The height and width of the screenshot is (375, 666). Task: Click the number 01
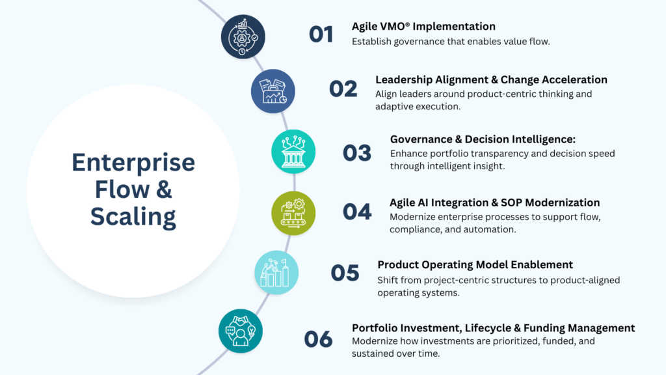321,34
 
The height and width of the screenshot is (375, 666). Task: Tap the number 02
343,89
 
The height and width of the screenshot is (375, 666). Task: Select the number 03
357,152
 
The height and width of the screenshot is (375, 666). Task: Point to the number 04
357,212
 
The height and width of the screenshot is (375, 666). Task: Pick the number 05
345,273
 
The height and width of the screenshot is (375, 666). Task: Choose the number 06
318,339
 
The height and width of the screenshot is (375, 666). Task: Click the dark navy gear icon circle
243,36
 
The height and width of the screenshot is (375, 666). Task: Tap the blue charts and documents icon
273,91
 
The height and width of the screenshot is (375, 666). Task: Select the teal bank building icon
293,152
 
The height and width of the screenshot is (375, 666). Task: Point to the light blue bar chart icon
276,272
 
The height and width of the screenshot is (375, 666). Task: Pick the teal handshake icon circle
241,331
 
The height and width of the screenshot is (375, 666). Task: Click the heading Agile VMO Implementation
423,27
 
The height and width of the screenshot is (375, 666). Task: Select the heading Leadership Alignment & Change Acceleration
491,80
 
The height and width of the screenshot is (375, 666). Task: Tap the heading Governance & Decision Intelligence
483,139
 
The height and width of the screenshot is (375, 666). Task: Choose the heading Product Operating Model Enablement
475,265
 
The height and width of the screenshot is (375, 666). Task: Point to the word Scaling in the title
133,217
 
